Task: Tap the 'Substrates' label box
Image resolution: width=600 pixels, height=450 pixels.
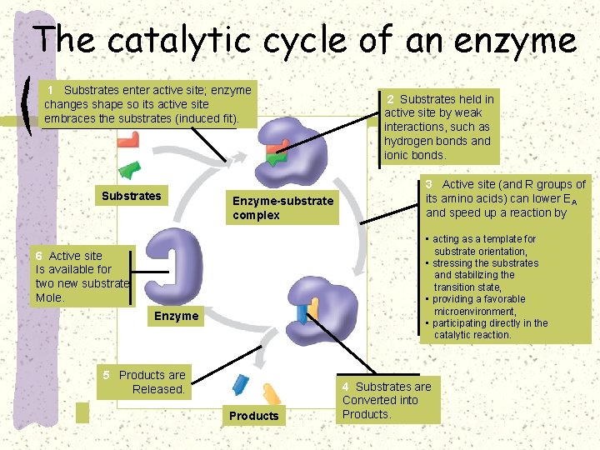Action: [131, 197]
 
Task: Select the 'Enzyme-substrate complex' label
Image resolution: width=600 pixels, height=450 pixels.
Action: [282, 208]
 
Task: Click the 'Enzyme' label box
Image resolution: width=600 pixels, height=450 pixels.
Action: [176, 316]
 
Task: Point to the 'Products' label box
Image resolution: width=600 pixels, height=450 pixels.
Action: [253, 416]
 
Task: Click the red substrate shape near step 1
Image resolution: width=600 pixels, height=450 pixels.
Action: [128, 141]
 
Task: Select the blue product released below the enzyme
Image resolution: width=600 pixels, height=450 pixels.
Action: [240, 385]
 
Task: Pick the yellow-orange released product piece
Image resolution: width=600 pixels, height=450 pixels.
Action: [272, 393]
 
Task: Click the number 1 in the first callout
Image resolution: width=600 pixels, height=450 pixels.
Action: [52, 89]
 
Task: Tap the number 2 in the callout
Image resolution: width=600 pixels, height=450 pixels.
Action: [390, 99]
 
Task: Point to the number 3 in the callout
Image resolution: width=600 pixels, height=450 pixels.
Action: [429, 184]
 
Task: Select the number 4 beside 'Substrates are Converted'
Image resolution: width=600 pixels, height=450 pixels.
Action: [346, 387]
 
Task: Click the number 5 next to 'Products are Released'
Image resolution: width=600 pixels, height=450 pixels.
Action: [106, 375]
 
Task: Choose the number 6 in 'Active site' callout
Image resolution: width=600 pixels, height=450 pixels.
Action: [39, 256]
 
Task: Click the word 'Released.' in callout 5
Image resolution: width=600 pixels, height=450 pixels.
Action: [158, 389]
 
